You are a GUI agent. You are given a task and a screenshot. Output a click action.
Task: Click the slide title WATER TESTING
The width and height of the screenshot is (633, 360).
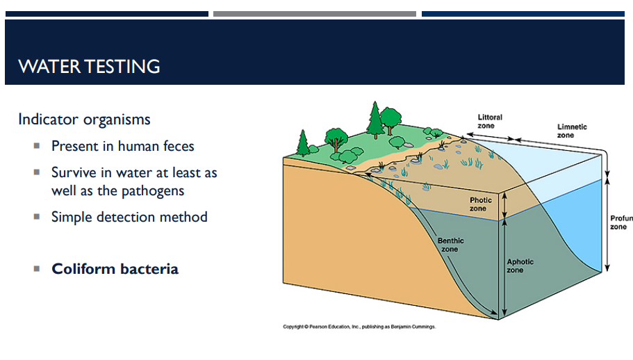(x=89, y=67)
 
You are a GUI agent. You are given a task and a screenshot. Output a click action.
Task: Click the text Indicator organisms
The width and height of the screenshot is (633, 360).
(x=84, y=120)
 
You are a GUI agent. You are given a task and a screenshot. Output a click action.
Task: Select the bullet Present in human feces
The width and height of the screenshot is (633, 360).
(x=122, y=146)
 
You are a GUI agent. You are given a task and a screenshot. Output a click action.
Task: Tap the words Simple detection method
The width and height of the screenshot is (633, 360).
(x=129, y=217)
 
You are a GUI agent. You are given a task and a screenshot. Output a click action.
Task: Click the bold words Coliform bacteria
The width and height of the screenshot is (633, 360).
(x=115, y=269)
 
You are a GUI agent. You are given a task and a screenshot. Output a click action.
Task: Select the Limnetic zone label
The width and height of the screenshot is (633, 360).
(x=572, y=131)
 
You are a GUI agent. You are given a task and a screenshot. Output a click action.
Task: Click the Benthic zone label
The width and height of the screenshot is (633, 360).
(x=450, y=245)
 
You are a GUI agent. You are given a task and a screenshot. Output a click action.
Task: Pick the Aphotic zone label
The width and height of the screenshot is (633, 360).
(x=520, y=265)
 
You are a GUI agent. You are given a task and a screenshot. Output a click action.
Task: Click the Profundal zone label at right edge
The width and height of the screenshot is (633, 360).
(x=620, y=222)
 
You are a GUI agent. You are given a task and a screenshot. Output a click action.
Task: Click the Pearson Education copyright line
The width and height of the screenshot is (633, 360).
(x=359, y=326)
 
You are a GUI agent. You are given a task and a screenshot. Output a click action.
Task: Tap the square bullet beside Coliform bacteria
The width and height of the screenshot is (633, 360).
(x=37, y=269)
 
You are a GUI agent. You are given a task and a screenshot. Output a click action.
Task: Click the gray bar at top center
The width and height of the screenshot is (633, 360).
(x=314, y=14)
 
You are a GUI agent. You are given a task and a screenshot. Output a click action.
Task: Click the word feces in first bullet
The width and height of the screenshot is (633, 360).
(x=178, y=146)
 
